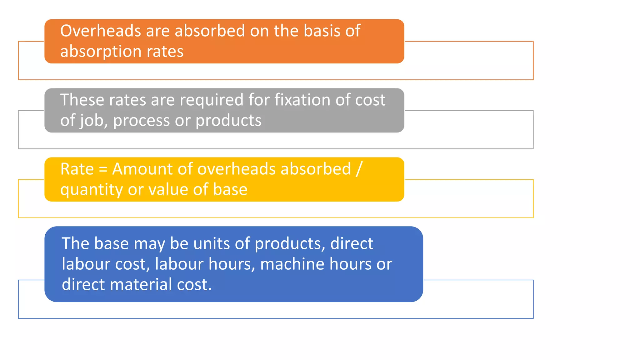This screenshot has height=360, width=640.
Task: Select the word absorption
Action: [101, 52]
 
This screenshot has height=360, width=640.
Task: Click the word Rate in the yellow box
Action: [77, 169]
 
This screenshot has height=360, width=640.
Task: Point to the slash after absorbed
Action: [359, 169]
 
